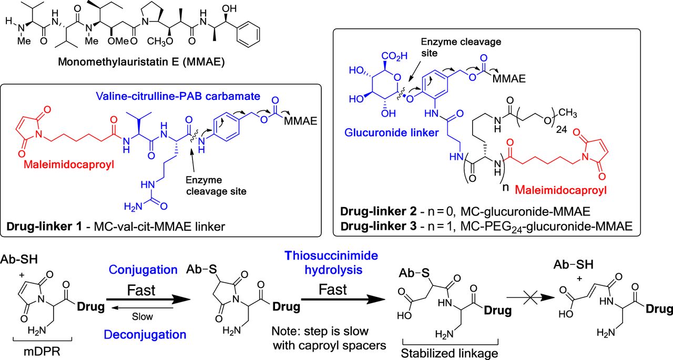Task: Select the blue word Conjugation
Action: pyautogui.click(x=149, y=270)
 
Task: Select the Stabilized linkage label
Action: pyautogui.click(x=450, y=353)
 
